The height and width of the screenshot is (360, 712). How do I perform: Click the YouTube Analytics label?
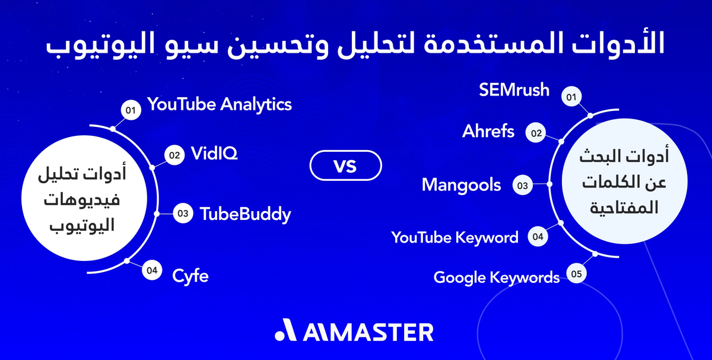[x=220, y=104]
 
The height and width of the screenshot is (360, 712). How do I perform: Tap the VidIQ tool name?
[x=214, y=154]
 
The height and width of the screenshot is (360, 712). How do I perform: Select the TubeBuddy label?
[x=245, y=214]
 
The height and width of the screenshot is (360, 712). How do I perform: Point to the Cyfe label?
[x=190, y=275]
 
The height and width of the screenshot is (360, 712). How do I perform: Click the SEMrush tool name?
[x=514, y=90]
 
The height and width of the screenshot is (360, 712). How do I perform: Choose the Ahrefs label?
[x=488, y=131]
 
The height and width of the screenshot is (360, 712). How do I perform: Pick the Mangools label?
[x=462, y=184]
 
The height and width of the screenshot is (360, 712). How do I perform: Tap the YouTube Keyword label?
[x=454, y=238]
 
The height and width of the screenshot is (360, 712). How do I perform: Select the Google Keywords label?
[x=497, y=277]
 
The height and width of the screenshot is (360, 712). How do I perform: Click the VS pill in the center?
[x=345, y=166]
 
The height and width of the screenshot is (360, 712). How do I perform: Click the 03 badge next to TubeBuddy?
[x=183, y=214]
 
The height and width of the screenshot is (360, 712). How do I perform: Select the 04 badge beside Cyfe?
[x=152, y=270]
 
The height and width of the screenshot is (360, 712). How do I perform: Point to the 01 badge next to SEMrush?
[x=571, y=97]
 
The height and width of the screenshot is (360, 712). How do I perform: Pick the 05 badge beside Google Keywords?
[x=576, y=274]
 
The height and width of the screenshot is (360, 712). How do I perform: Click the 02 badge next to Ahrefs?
[x=536, y=133]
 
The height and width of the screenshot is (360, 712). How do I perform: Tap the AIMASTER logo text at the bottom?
[x=368, y=332]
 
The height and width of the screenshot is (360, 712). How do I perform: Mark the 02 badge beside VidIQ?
[x=174, y=155]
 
